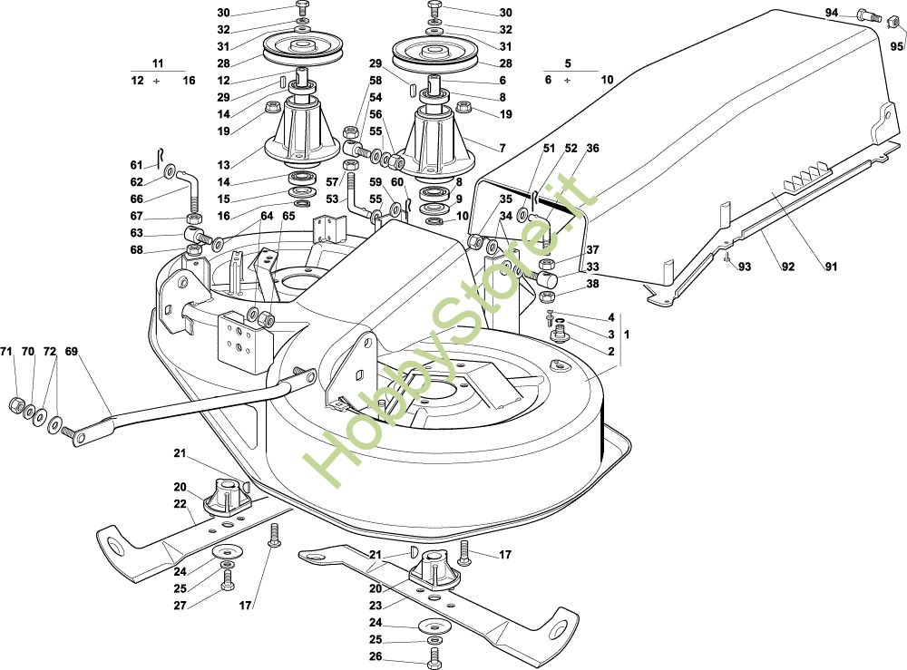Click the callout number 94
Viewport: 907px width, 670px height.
(831, 13)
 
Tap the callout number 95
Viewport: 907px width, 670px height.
(897, 46)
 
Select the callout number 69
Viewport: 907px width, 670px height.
(71, 352)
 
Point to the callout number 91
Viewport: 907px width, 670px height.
(831, 267)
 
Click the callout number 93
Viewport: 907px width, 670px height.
(745, 267)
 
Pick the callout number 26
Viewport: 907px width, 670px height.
(376, 656)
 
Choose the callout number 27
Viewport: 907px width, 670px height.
(180, 606)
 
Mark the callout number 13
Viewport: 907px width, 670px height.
(224, 165)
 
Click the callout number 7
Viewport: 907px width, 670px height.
(502, 149)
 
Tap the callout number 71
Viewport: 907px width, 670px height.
(6, 352)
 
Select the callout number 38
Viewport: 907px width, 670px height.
(593, 284)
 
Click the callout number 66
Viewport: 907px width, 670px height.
(137, 199)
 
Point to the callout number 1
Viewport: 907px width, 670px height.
(627, 335)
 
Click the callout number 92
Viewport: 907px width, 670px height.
(788, 267)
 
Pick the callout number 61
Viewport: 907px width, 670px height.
(137, 166)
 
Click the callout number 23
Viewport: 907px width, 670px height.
(376, 606)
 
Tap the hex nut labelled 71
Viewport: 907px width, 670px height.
(16, 404)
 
